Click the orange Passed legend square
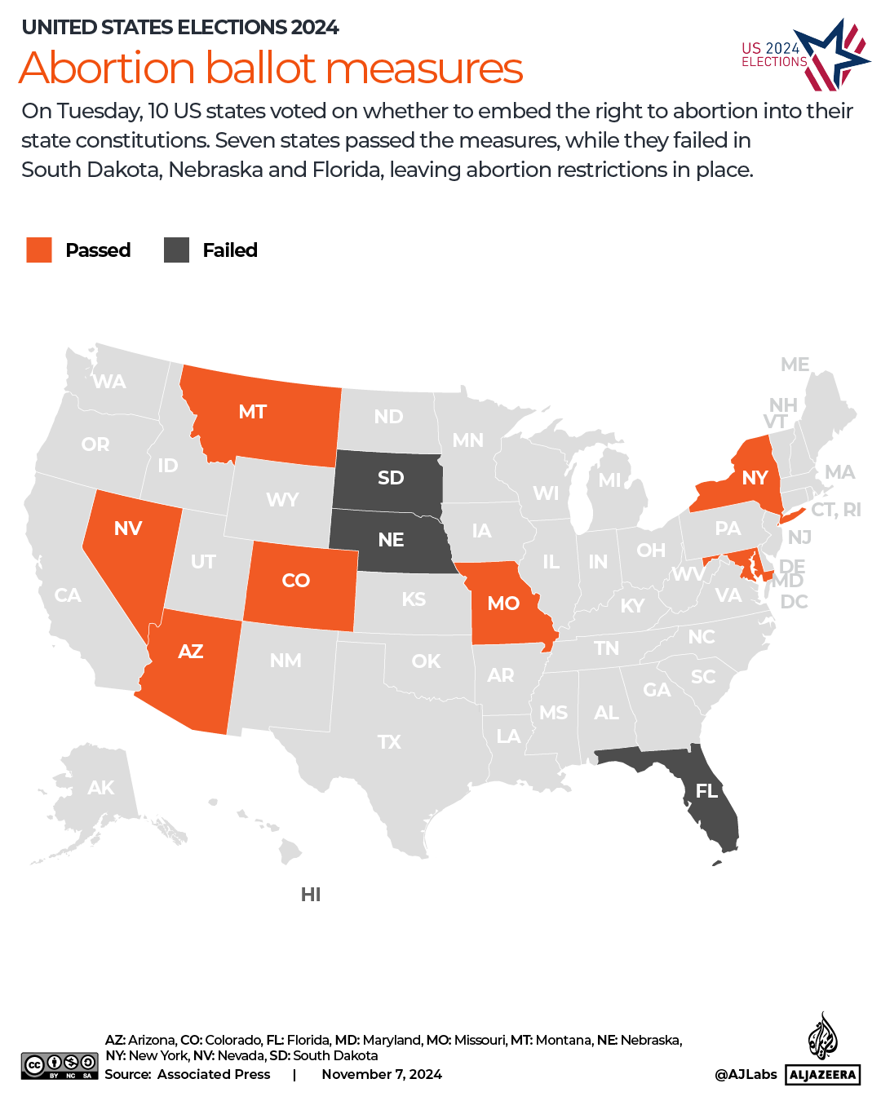[x=39, y=250]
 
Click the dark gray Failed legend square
[x=176, y=250]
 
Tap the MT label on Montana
[x=253, y=412]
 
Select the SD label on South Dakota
[x=391, y=477]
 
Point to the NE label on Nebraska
[x=391, y=540]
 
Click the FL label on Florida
[x=706, y=790]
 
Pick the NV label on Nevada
[x=128, y=528]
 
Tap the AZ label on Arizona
[x=191, y=652]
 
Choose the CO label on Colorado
[x=295, y=581]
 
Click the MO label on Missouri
[x=503, y=604]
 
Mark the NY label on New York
[x=755, y=478]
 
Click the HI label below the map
[x=311, y=895]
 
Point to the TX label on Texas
[x=389, y=742]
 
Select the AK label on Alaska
[x=101, y=788]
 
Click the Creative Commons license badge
[x=60, y=1066]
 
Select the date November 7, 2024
[x=382, y=1074]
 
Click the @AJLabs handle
[x=746, y=1074]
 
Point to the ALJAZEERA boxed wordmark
[x=823, y=1074]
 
